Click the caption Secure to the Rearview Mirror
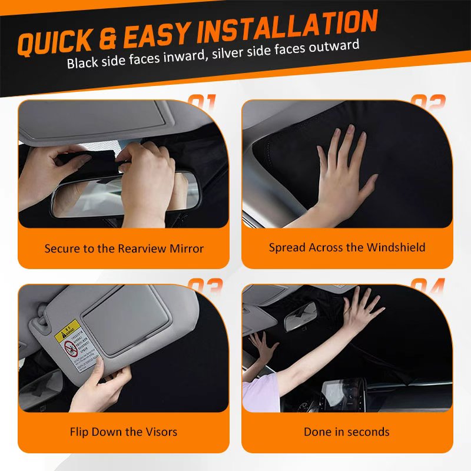[124, 248]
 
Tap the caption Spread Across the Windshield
[347, 247]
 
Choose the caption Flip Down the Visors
[124, 432]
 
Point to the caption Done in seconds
[347, 432]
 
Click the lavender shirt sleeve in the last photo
[260, 392]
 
